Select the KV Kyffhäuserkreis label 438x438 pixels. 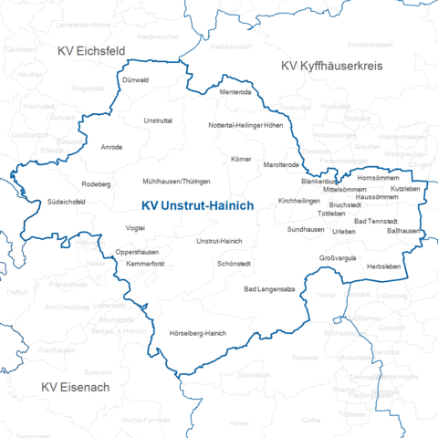[331, 66]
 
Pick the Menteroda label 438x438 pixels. [235, 92]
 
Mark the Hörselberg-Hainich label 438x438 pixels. [197, 333]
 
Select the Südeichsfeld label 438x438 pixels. [66, 202]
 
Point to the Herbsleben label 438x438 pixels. [382, 265]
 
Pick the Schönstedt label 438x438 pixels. [234, 263]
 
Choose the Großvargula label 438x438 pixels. [337, 258]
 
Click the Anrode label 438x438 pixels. [111, 147]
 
